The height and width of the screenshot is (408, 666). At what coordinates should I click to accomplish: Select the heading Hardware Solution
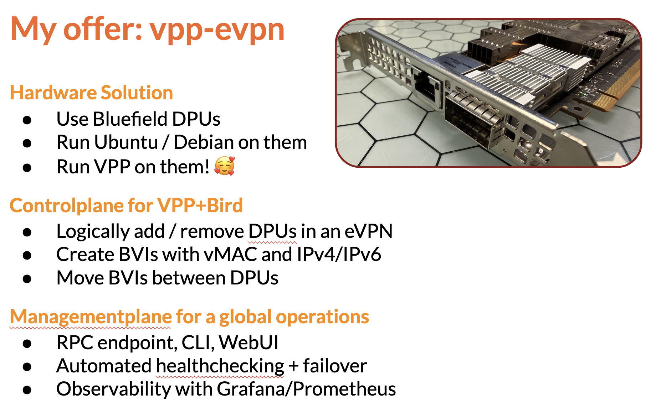coord(92,93)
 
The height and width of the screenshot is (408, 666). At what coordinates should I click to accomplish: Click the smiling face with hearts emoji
coord(225,166)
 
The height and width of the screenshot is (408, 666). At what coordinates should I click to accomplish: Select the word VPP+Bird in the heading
coord(200,205)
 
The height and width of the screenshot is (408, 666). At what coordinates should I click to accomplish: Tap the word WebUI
coord(249,342)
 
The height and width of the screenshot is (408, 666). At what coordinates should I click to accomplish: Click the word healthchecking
coord(220,366)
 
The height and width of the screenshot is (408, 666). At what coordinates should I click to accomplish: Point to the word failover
coord(335,366)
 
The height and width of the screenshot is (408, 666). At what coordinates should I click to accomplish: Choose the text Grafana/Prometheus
coord(306,389)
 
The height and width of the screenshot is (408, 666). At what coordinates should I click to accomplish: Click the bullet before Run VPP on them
coord(27,167)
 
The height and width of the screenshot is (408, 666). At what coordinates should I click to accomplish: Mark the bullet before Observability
coord(27,390)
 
